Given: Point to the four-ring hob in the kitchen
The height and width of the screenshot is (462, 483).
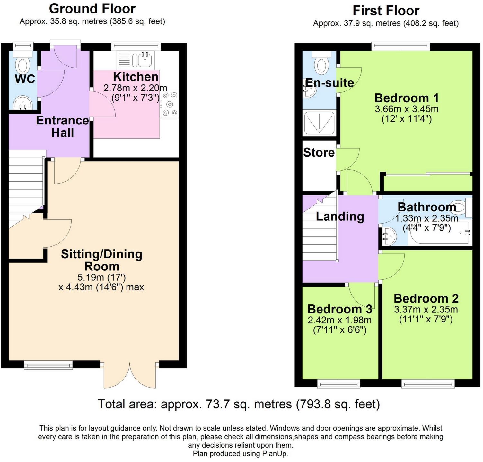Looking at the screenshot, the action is tap(170, 104).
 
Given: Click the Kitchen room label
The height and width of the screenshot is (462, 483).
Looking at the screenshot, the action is tap(136, 77).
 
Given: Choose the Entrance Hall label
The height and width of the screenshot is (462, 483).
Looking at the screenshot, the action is tap(62, 126).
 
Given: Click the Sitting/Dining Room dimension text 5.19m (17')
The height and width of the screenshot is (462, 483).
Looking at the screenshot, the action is tap(101, 277).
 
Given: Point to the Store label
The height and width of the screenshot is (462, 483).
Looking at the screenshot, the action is tap(319, 152).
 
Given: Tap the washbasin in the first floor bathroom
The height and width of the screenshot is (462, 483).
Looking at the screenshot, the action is tap(389, 236).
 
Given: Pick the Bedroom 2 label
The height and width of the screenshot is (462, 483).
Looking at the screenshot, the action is tap(426, 298).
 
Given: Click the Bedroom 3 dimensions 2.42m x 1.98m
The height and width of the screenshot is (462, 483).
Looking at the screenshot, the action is tap(339, 320).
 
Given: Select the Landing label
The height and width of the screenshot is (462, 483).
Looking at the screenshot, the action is tap(340, 216).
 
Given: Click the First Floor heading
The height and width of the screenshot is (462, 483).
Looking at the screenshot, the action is tap(386, 11).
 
